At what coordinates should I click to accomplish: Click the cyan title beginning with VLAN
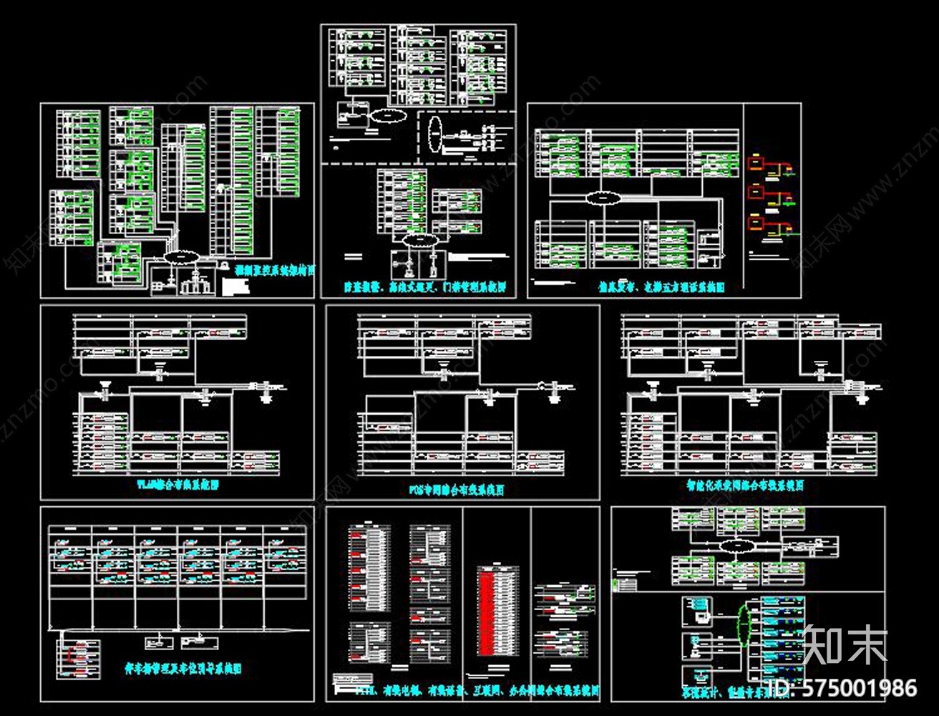[x=177, y=485]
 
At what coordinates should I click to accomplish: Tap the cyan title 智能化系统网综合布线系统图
[x=744, y=485]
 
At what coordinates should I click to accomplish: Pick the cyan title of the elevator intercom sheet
[x=662, y=287]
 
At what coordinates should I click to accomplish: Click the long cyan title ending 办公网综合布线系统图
[x=464, y=692]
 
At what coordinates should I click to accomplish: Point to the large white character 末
[x=867, y=644]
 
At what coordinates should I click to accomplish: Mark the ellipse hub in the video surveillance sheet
[x=182, y=256]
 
